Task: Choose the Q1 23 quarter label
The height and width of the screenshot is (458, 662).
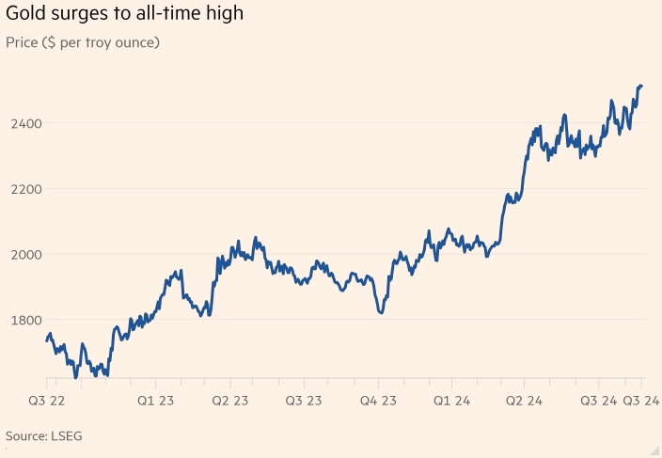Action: tap(156, 401)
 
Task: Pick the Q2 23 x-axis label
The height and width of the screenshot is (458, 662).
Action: tap(229, 401)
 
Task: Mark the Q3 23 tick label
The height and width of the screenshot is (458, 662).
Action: tap(304, 401)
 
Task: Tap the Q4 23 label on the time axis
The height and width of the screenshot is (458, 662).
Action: tap(380, 401)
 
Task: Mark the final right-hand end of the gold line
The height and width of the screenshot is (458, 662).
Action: tap(641, 86)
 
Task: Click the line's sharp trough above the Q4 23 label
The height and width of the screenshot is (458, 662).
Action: tap(380, 311)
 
